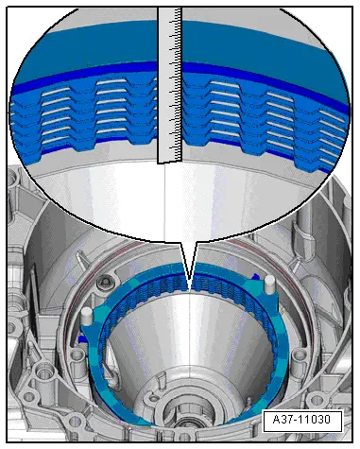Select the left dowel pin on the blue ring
coord(86,317)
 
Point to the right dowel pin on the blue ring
coord(270,284)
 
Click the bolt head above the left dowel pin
coord(104,283)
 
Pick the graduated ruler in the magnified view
coord(170,85)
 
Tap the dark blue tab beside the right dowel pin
coord(256,277)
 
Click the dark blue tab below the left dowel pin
coord(81,339)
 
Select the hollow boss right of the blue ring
coord(298,355)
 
